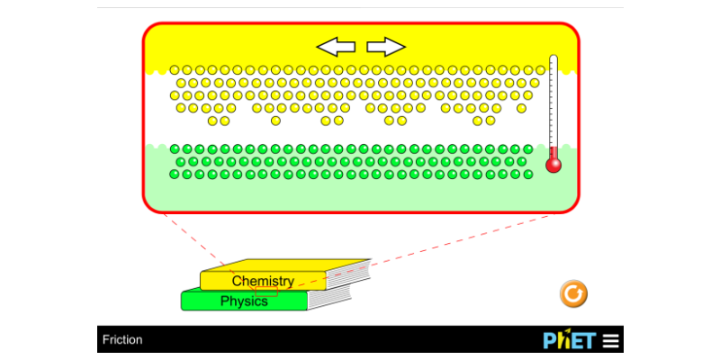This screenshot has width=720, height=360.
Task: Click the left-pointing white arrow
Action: (336, 47)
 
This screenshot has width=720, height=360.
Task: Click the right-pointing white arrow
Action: (386, 47)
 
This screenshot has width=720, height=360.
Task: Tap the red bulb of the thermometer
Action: (553, 166)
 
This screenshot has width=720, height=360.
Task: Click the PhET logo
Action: (570, 340)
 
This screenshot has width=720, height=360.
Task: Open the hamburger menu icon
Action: (611, 340)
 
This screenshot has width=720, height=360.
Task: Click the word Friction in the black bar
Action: (122, 340)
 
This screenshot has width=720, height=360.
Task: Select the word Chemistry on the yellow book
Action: (263, 281)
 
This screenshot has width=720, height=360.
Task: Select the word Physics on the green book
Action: (244, 301)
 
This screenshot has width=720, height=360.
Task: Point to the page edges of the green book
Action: (328, 298)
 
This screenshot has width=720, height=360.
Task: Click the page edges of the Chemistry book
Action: (348, 275)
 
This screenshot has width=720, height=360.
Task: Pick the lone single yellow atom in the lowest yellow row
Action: (275, 121)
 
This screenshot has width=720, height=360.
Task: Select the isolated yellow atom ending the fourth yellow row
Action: (521, 108)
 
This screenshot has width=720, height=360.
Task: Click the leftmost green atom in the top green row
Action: (175, 148)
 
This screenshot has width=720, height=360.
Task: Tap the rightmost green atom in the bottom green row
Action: (528, 175)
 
